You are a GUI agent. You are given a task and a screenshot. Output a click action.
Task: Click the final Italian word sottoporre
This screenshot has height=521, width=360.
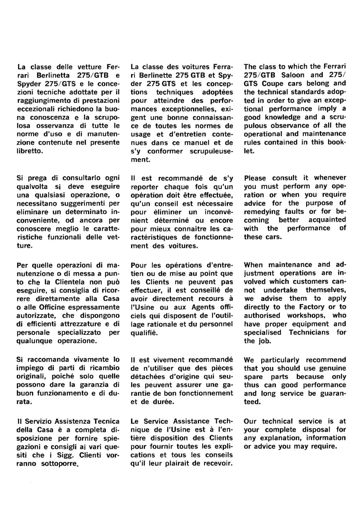point(60,464)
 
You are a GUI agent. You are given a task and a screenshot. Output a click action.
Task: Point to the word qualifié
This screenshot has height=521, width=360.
point(144,333)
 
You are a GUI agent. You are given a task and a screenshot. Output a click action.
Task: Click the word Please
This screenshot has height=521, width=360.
point(255,178)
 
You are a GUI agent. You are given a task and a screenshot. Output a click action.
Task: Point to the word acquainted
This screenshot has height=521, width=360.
point(327,220)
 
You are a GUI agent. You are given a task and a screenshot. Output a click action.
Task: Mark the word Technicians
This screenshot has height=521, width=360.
point(309,332)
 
